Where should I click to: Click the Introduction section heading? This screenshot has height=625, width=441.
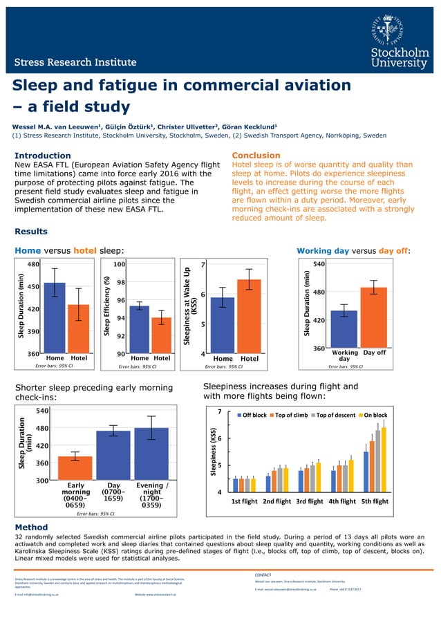[x=43, y=156]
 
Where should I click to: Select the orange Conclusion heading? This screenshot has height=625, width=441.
[x=256, y=156]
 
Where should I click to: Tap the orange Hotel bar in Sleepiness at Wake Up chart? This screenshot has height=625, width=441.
[x=249, y=316]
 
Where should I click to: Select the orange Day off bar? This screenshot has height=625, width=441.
[x=373, y=317]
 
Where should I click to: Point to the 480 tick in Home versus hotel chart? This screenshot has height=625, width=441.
[x=33, y=264]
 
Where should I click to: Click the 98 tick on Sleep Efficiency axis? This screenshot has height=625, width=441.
[x=120, y=282]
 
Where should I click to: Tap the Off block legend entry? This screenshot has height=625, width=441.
[x=252, y=415]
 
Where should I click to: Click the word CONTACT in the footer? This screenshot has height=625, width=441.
[x=264, y=575]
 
